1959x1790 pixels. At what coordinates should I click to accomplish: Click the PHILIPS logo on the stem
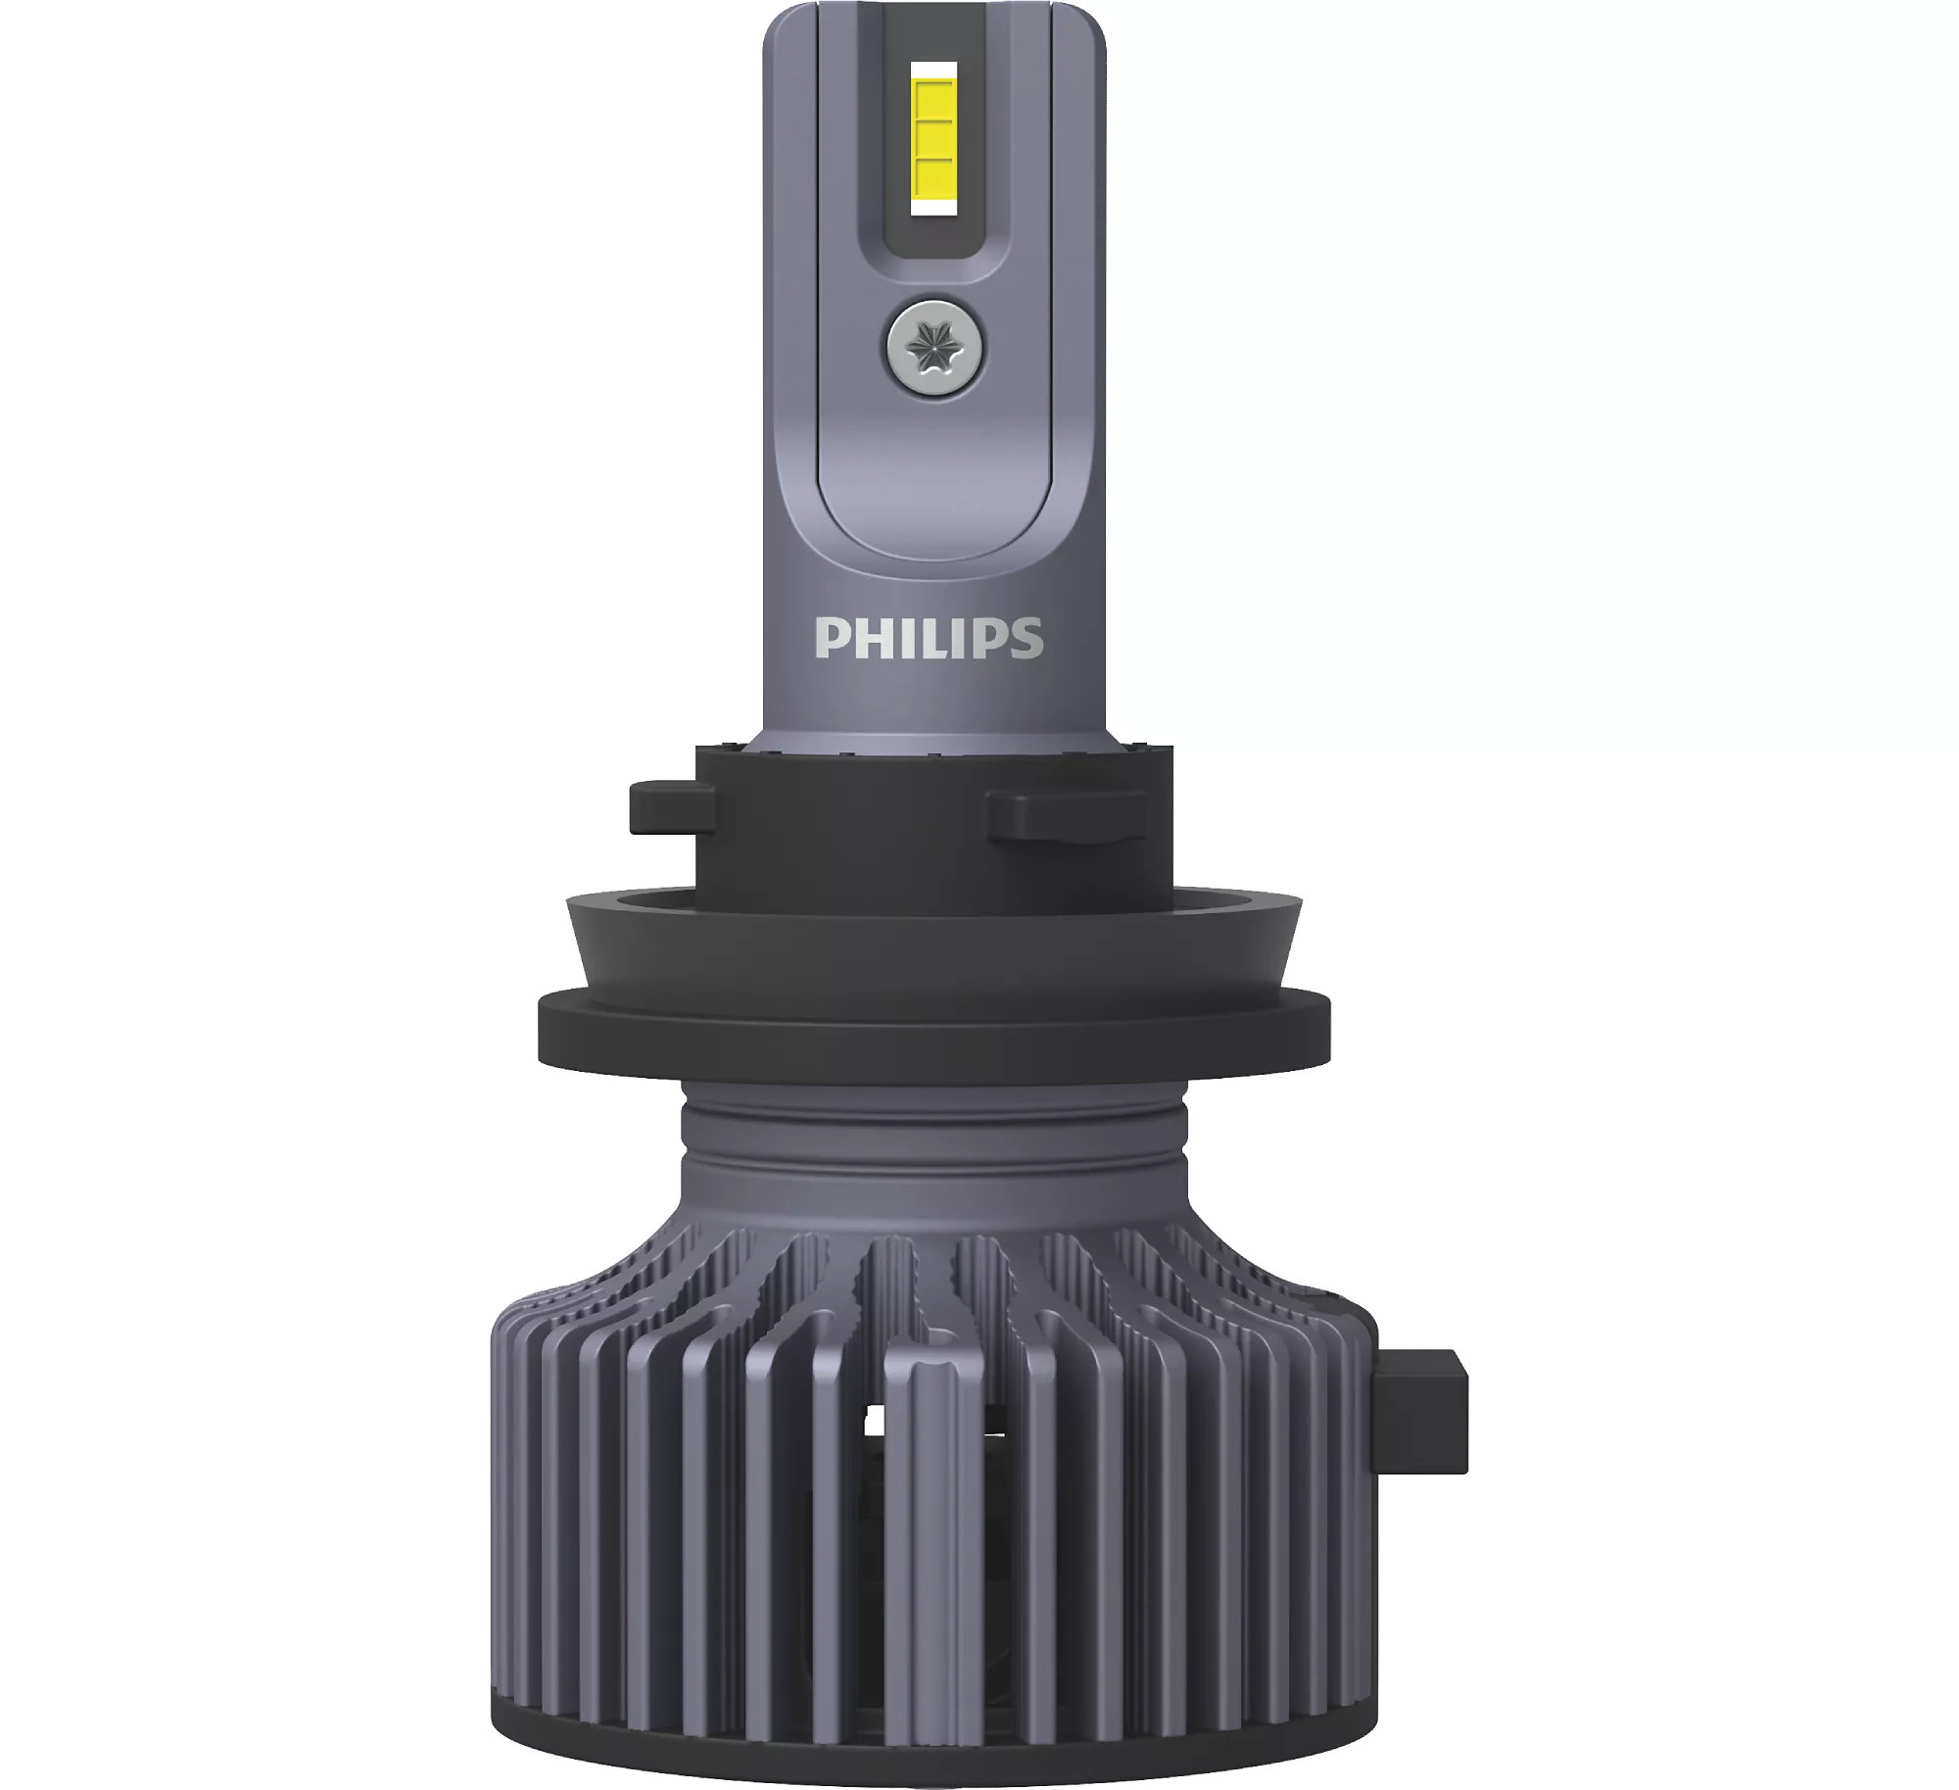click(x=929, y=637)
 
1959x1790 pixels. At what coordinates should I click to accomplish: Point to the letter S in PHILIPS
click(x=1025, y=637)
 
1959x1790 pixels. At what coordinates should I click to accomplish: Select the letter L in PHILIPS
click(x=936, y=637)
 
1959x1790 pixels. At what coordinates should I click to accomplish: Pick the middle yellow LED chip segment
click(x=934, y=137)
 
